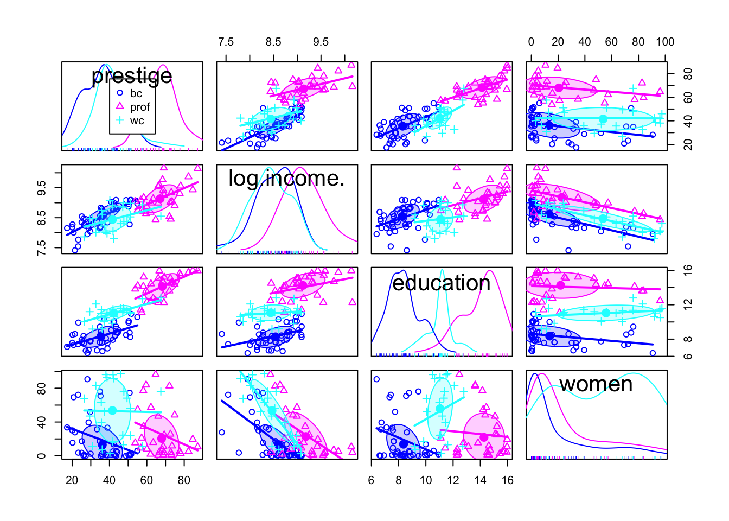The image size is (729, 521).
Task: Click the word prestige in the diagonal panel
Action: coord(132,75)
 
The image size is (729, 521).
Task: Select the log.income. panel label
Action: coord(286,178)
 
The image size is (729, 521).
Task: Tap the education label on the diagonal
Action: coord(441,283)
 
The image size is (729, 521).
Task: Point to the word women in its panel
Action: coord(596,384)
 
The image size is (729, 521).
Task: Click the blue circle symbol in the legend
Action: coord(120,93)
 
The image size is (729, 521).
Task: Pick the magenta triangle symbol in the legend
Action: coord(120,107)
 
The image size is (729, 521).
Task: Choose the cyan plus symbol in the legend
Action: coord(120,120)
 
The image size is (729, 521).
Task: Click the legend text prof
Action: coord(140,107)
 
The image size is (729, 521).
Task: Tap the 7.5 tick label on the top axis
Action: coord(226,42)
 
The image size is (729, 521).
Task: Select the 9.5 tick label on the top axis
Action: coord(321,42)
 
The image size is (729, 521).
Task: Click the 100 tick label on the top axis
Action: coord(664,42)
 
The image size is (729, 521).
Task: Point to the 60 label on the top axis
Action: coord(611,42)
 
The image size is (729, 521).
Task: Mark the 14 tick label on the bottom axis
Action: coord(480,480)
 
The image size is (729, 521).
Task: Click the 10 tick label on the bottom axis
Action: coord(426,480)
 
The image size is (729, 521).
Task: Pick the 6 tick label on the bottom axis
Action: coord(372,480)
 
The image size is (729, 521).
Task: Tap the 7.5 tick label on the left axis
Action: coord(43,247)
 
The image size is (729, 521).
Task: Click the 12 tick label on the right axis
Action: coord(688,304)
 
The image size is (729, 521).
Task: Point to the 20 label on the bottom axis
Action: coord(72,480)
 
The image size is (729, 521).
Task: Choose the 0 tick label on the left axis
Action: coord(43,456)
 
